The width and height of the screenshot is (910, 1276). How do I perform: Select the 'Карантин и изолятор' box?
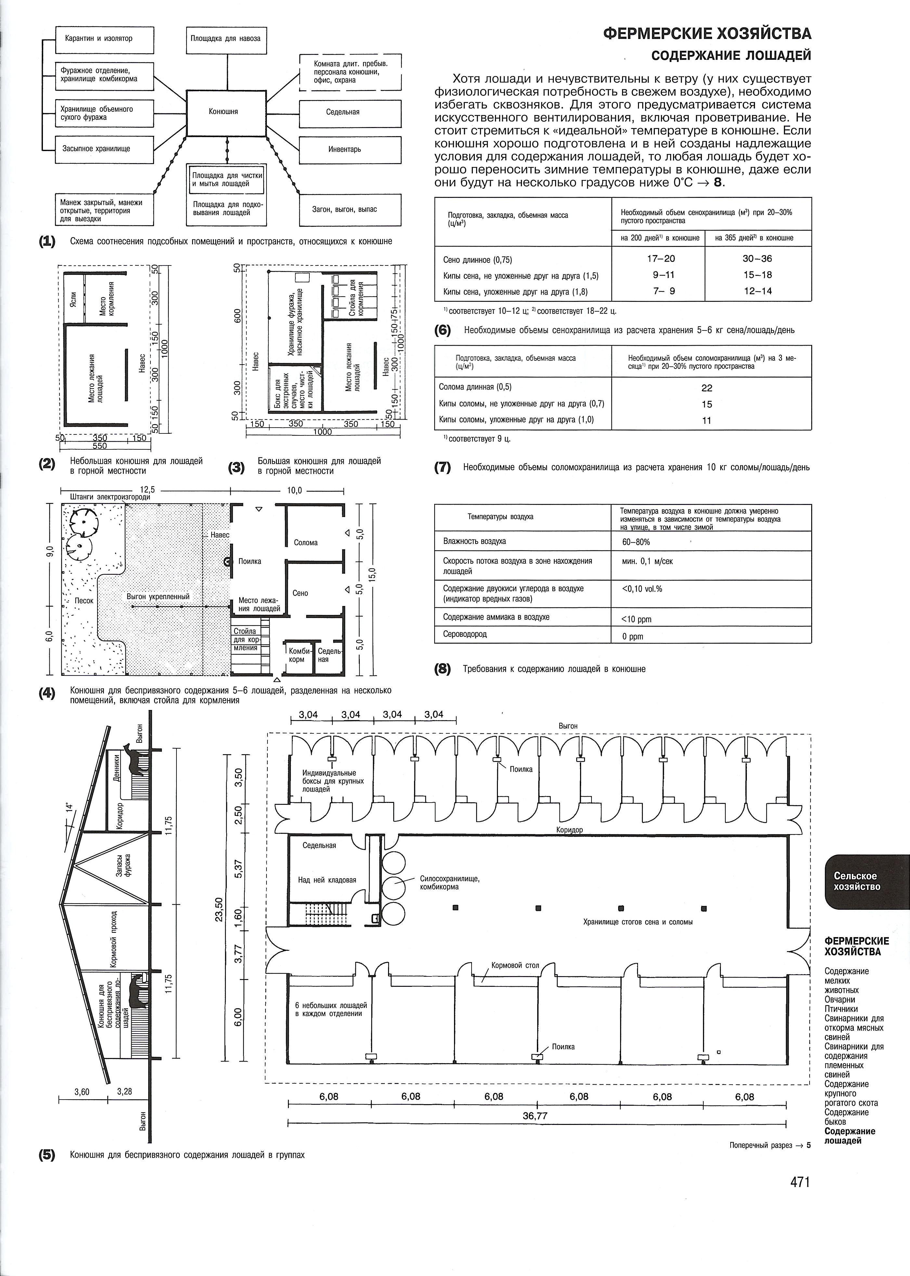pyautogui.click(x=104, y=39)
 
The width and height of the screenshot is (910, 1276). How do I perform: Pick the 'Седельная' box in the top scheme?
pyautogui.click(x=351, y=112)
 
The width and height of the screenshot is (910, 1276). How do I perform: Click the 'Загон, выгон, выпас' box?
pyautogui.click(x=351, y=210)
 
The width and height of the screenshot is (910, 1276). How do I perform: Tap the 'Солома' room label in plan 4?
pyautogui.click(x=306, y=542)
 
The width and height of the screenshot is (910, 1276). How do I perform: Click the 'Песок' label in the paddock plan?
pyautogui.click(x=84, y=600)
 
